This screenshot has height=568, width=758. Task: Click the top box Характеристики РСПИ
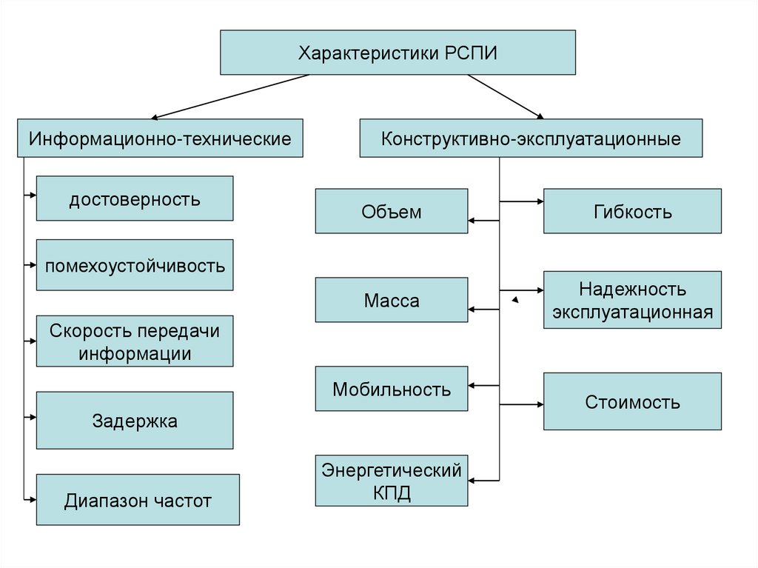click(398, 53)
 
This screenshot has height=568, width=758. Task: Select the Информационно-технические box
click(160, 138)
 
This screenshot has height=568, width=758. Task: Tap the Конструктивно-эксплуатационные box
click(531, 138)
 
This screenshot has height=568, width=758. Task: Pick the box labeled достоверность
click(135, 198)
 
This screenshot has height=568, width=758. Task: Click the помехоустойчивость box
click(135, 264)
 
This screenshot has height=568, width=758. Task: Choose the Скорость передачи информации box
click(135, 341)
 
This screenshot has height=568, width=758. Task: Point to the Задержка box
click(135, 421)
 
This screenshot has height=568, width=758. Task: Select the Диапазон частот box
click(138, 500)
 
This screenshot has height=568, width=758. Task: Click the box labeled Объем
click(392, 211)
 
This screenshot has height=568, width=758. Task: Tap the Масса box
click(392, 300)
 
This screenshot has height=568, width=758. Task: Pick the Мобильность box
click(392, 389)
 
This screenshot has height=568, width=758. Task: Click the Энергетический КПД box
click(392, 481)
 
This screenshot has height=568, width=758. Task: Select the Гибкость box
click(632, 211)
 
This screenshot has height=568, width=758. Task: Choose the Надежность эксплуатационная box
click(632, 300)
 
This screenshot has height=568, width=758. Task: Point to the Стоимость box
click(632, 401)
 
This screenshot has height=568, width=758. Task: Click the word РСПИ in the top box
click(472, 53)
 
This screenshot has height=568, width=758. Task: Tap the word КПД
click(392, 492)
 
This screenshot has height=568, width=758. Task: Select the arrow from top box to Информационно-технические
click(229, 96)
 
